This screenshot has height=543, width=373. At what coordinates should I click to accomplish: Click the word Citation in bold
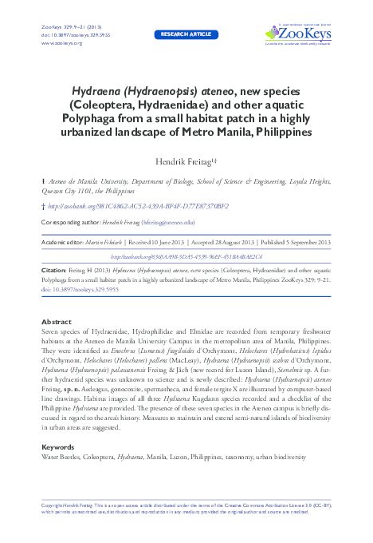coord(54,271)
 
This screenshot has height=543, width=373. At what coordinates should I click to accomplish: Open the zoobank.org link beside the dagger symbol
coord(133,206)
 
